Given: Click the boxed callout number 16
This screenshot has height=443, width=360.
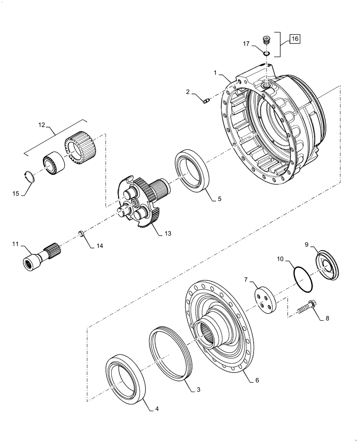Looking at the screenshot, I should tap(295, 39).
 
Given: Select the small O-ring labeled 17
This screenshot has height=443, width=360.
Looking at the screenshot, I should tap(266, 53).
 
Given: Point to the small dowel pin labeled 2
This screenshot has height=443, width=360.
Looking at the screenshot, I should tap(205, 102).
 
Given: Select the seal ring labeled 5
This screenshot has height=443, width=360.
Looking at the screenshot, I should tap(192, 171).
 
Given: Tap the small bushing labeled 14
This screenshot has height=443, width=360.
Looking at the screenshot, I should tap(82, 233).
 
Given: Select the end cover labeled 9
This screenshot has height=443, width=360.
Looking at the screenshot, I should tap(328, 266).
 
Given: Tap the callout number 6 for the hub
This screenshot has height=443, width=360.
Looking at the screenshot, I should tap(257, 380).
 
